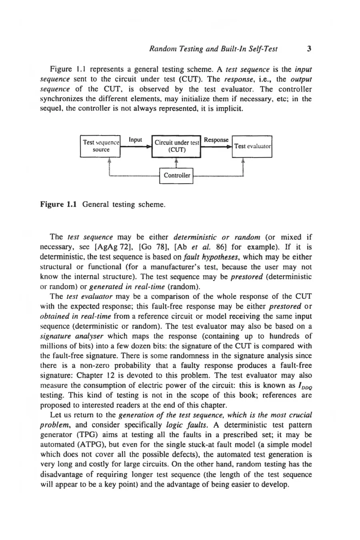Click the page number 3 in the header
pos(308,50)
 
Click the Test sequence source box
pos(100,146)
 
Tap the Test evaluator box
pos(252,146)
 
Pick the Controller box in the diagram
pos(176,175)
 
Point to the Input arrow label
pos(136,140)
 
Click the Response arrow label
pos(216,140)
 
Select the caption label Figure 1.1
pos(59,204)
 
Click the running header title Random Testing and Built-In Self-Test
pos(213,50)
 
